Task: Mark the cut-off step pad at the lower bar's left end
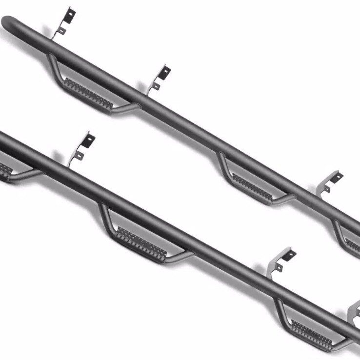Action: coord(5,171)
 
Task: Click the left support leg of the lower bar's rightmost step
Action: coord(281,309)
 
